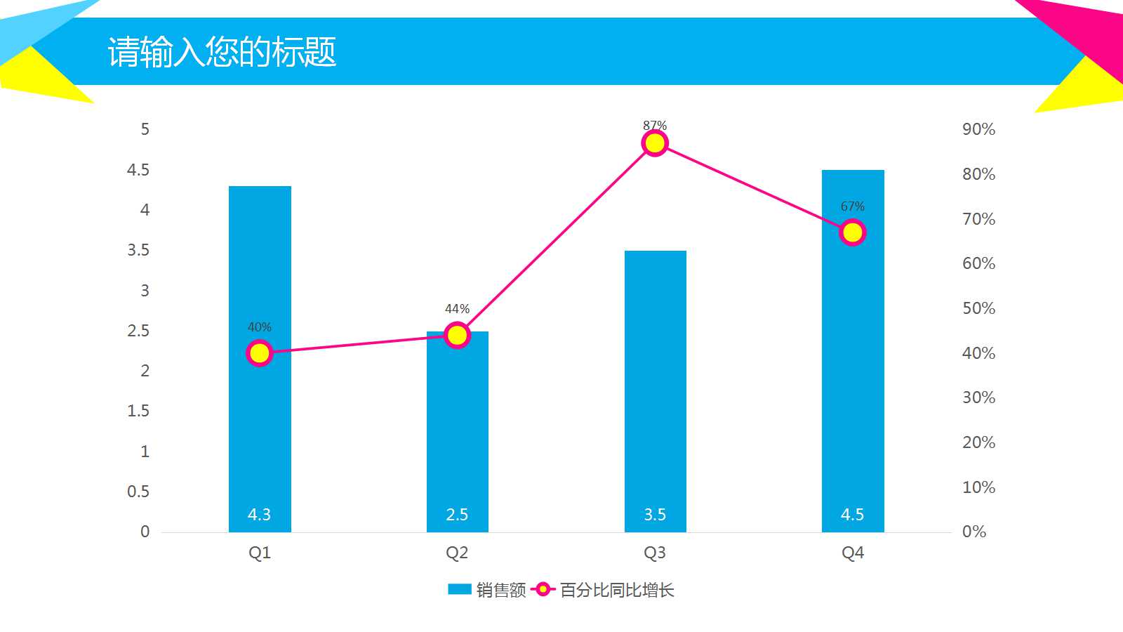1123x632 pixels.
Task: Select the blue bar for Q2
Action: tap(457, 435)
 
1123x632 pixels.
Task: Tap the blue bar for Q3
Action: tap(655, 393)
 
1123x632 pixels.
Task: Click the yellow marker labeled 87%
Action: tap(655, 143)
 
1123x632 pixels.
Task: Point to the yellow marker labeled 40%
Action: tap(260, 353)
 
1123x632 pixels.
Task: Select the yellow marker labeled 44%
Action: tap(457, 336)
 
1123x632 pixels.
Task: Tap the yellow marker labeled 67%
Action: tap(853, 232)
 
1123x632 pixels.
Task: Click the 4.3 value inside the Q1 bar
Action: tap(259, 515)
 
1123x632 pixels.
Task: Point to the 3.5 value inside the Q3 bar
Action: tap(655, 515)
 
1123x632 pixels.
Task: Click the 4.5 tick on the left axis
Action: tap(138, 170)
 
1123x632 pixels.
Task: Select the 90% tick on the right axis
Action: tap(978, 129)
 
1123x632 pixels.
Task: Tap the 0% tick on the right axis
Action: tap(974, 532)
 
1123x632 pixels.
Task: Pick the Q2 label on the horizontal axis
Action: tap(457, 553)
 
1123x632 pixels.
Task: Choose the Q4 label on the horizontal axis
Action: tap(853, 553)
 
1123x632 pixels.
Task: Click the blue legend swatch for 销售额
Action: tap(460, 590)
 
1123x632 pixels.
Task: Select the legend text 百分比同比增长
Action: tap(617, 590)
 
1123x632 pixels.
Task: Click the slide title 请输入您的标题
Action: tap(222, 52)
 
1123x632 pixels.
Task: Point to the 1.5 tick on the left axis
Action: tap(138, 411)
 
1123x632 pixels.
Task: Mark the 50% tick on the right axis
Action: tap(978, 308)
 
